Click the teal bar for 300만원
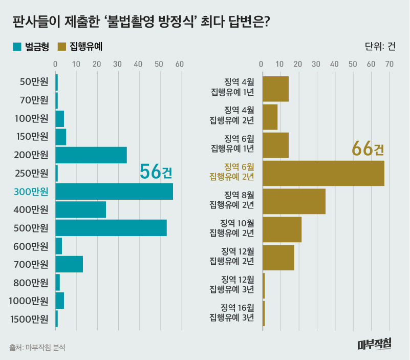114,191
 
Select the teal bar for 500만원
111,228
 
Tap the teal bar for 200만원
91,155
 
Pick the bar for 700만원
69,264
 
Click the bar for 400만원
80,209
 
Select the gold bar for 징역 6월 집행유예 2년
323,173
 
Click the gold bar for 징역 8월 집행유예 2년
294,201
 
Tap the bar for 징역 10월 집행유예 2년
282,229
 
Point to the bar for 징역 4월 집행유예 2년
270,117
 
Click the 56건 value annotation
156,173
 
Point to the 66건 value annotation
368,149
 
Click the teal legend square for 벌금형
17,47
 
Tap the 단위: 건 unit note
380,47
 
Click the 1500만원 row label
29,320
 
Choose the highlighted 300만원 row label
31,192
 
